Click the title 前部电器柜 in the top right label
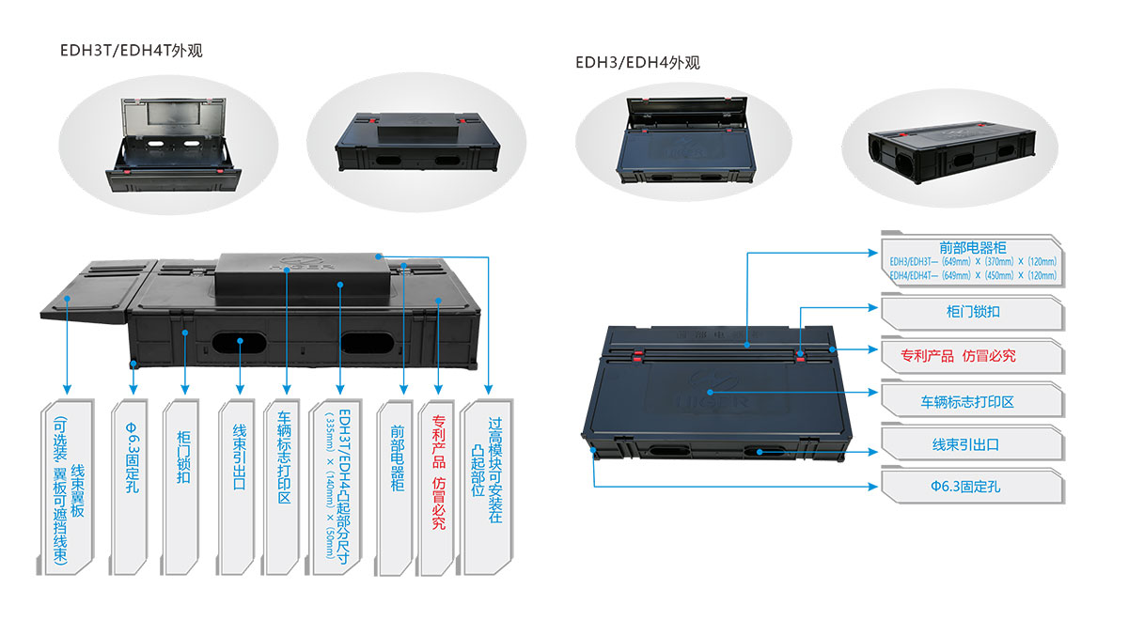972,247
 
